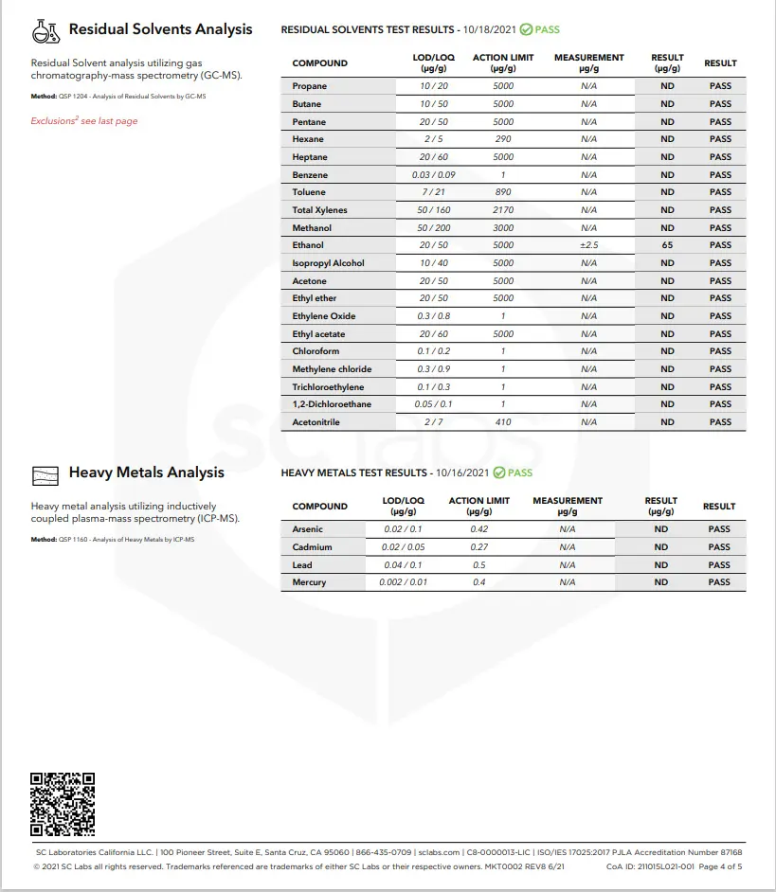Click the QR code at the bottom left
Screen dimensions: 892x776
[63, 804]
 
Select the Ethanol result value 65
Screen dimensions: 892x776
[667, 245]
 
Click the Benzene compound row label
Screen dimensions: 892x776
[310, 175]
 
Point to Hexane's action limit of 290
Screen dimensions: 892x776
[503, 139]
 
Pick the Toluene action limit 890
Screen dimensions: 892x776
[503, 192]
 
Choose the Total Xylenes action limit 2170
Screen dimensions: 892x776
[503, 210]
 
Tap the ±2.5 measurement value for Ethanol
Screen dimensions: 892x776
[588, 245]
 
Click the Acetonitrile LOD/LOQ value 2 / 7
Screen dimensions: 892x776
[433, 422]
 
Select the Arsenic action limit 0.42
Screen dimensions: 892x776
[478, 529]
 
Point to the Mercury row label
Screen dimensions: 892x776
[309, 582]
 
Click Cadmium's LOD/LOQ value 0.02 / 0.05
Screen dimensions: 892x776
[403, 547]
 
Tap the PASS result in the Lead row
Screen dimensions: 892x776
[719, 565]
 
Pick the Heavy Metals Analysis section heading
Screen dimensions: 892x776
[146, 473]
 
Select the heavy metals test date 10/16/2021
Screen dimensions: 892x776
[460, 473]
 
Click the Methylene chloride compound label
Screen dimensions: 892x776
[332, 369]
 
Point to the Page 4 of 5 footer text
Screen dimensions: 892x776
[720, 866]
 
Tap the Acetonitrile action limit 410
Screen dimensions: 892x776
[503, 422]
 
